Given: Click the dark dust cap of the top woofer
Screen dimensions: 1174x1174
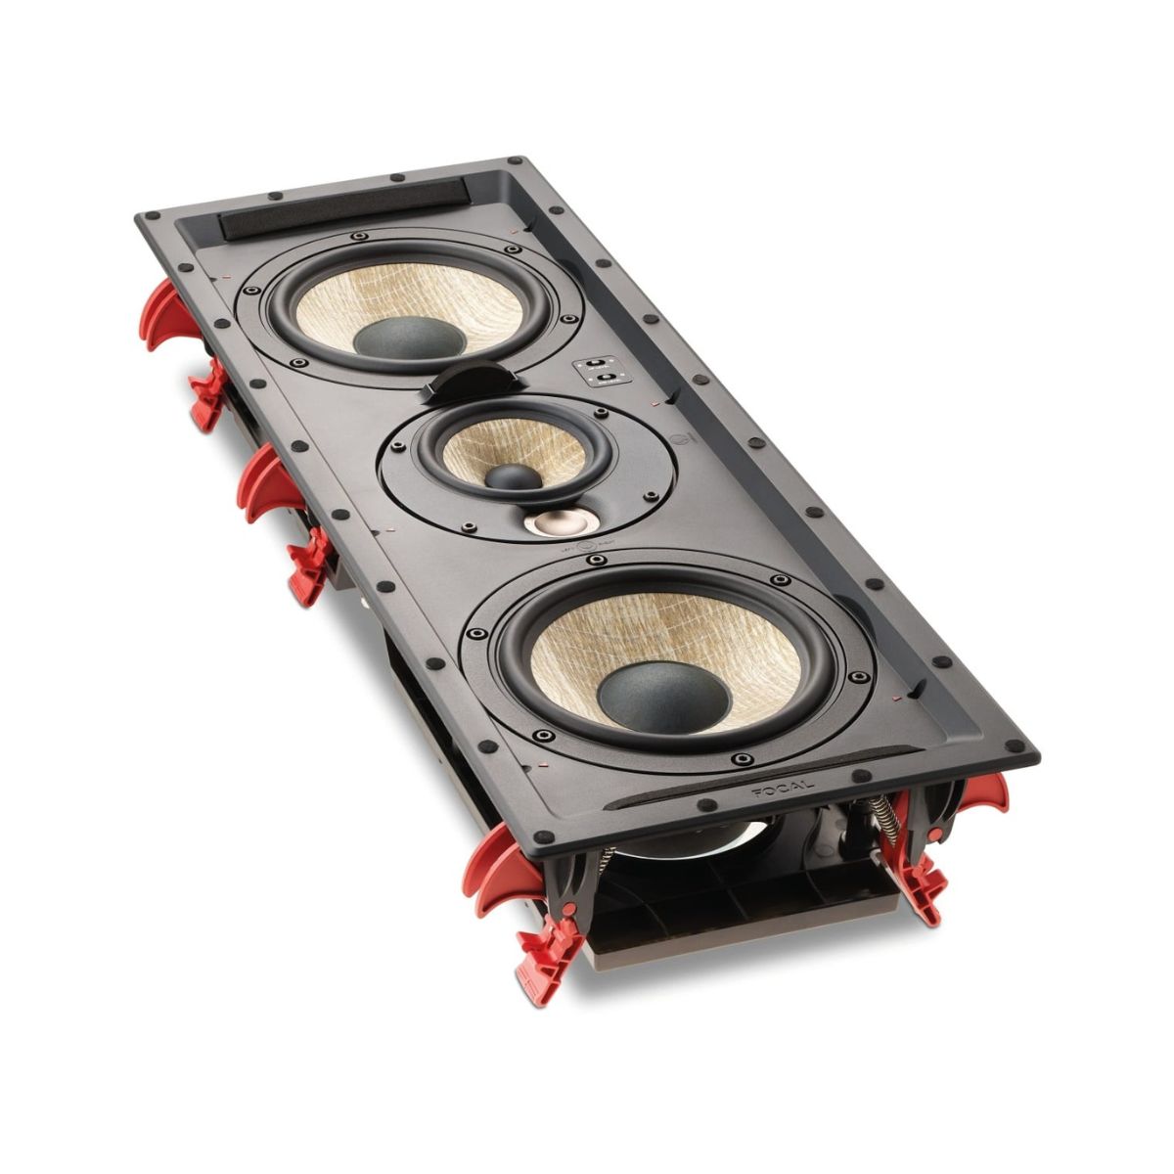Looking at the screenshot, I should [x=409, y=338].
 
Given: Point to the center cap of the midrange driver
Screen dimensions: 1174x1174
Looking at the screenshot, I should [x=514, y=476].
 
